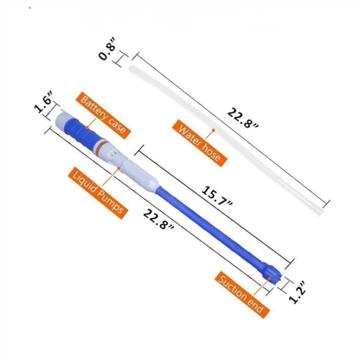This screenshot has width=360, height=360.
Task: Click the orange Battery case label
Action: [104, 116]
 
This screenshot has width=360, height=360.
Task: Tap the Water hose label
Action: [199, 143]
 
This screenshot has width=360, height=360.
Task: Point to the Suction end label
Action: [242, 294]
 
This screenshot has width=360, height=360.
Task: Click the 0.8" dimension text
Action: [107, 52]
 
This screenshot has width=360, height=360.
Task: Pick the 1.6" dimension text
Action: [43, 101]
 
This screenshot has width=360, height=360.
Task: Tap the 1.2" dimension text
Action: [297, 292]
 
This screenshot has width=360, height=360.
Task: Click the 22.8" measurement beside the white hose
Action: [243, 118]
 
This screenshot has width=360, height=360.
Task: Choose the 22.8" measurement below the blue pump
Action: [158, 219]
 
